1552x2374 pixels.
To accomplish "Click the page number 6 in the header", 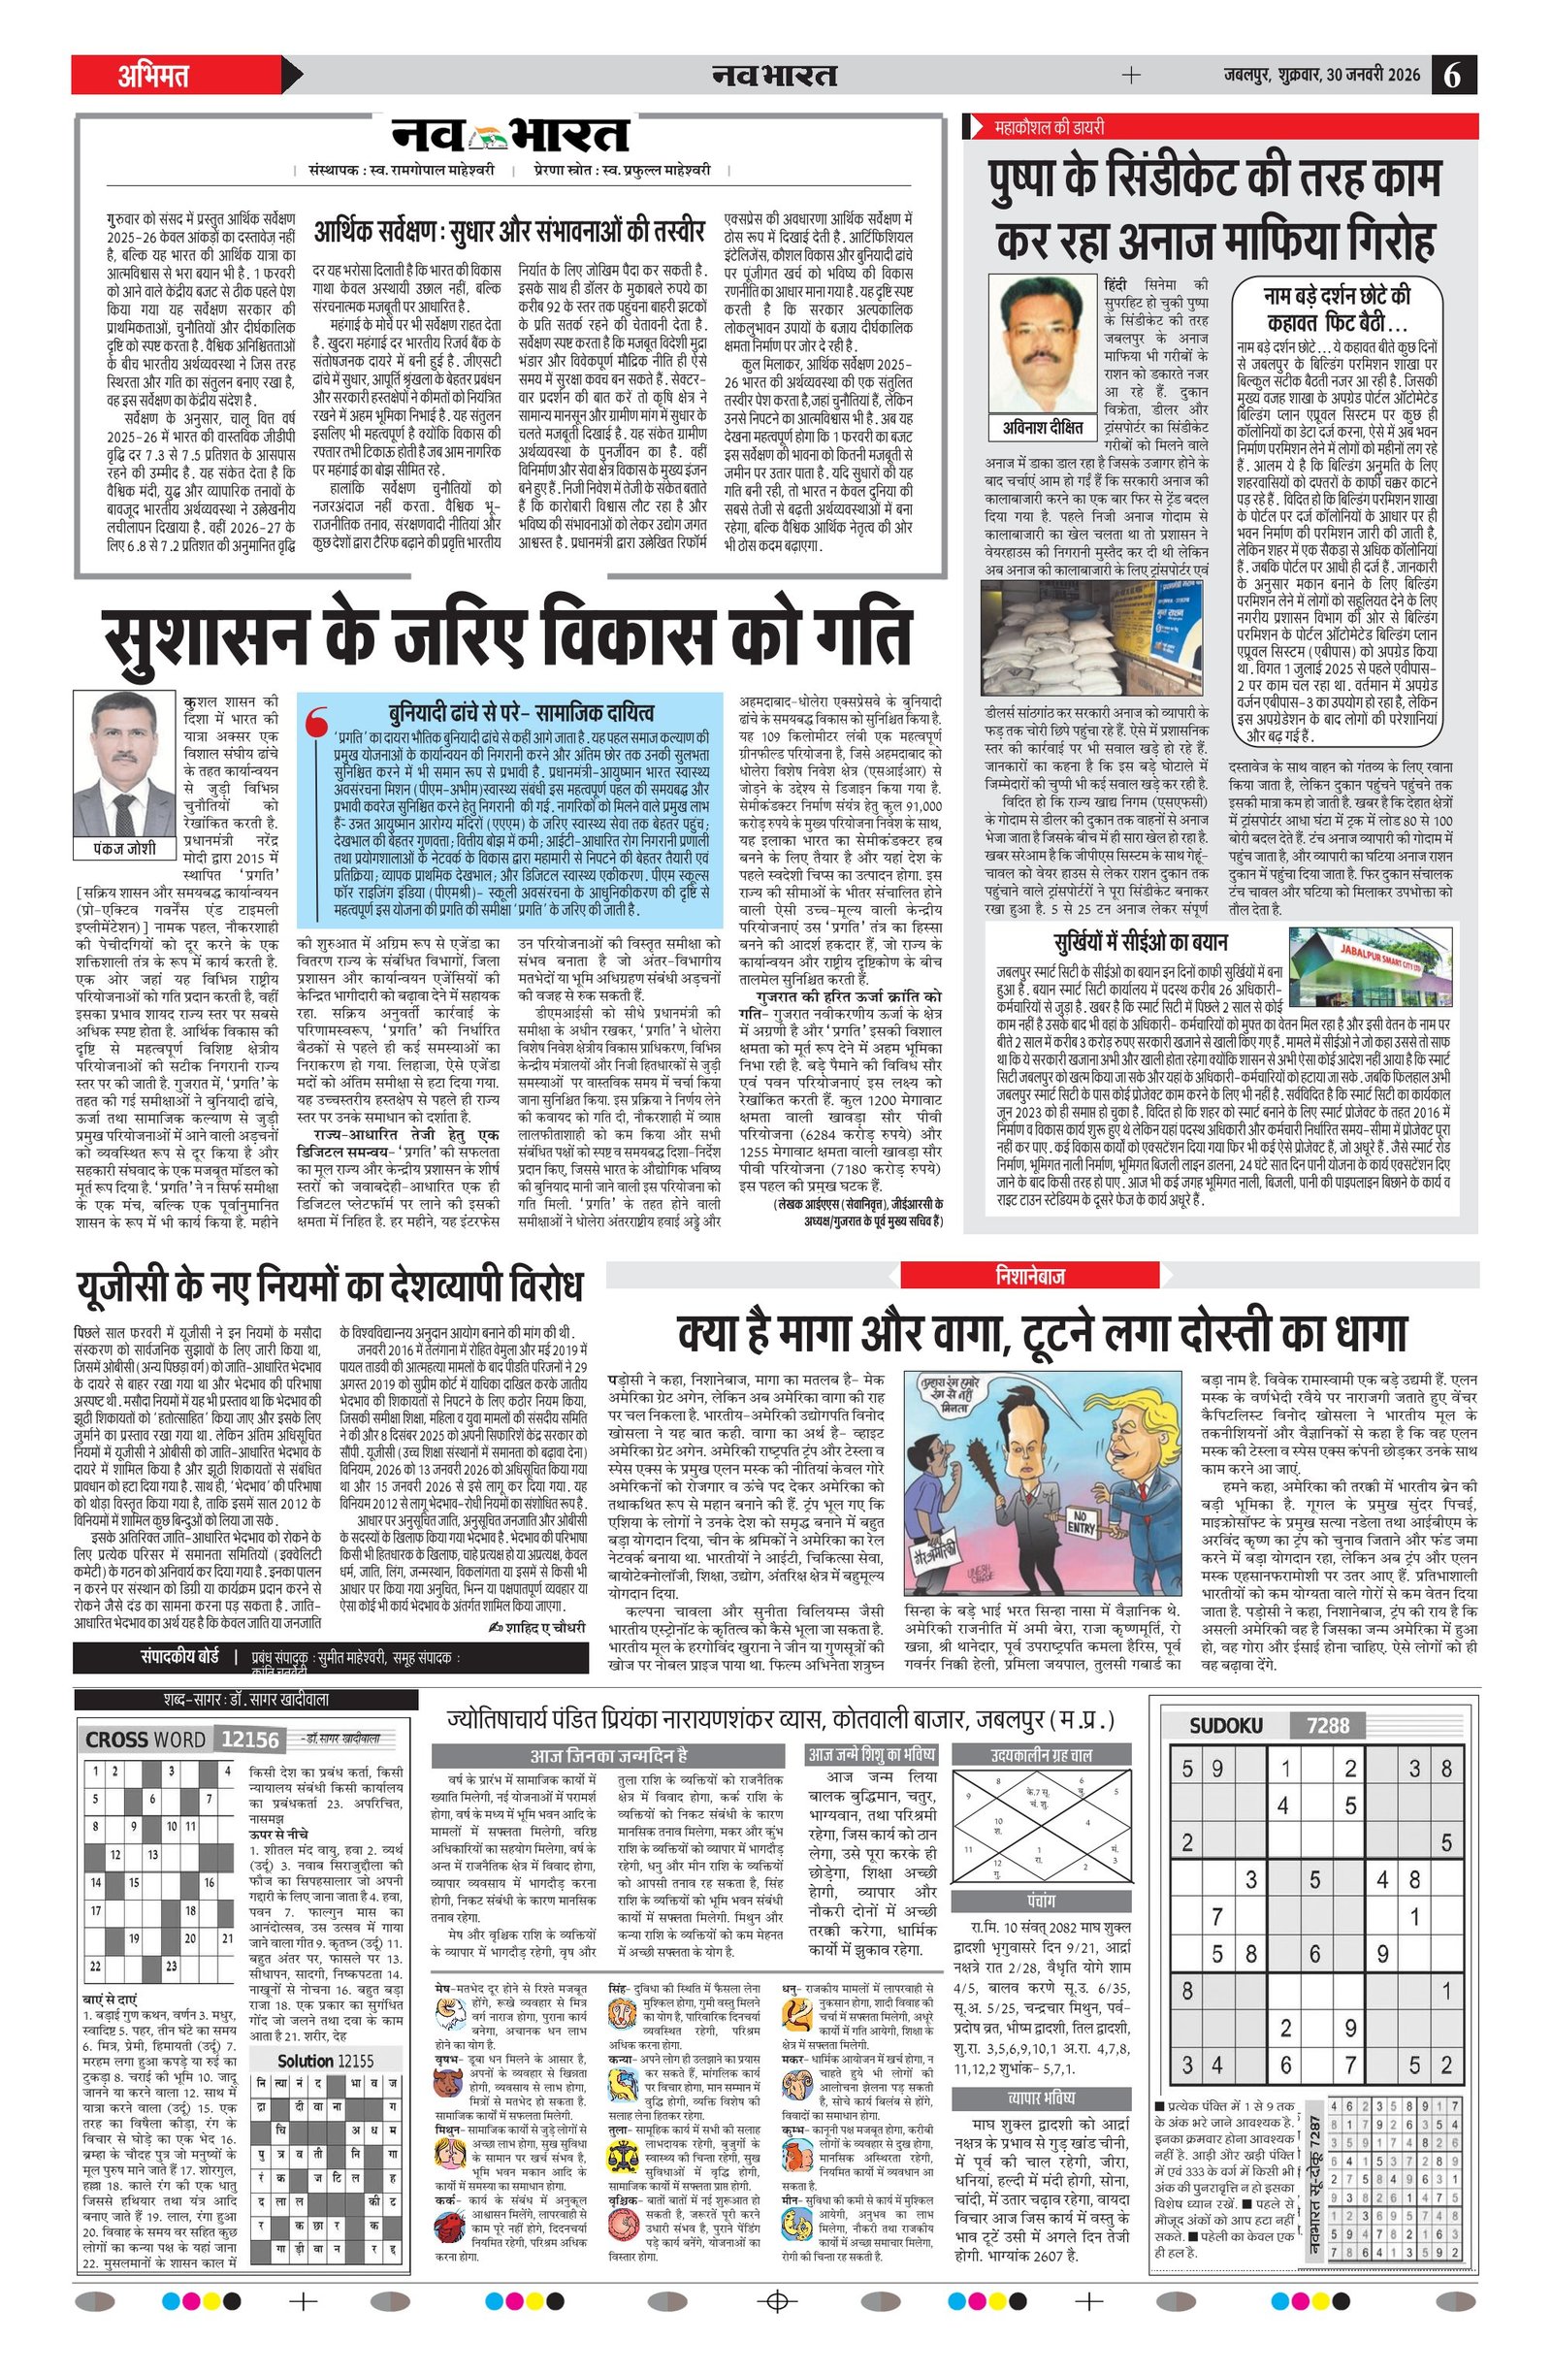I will point(1453,76).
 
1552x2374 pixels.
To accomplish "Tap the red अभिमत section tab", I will point(153,76).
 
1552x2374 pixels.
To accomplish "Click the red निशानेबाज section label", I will point(1030,1276).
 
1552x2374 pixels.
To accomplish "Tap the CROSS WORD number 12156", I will point(249,1740).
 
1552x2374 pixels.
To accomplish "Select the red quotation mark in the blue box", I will point(318,722).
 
